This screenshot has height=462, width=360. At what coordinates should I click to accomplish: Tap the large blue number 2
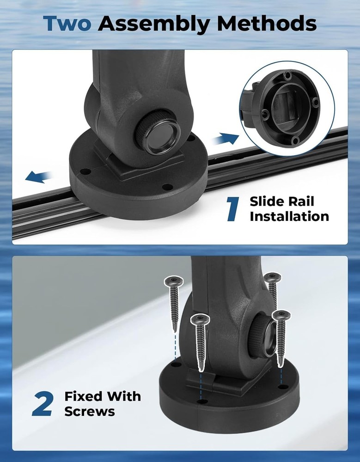coord(43,404)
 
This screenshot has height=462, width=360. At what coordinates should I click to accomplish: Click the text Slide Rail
coord(282,201)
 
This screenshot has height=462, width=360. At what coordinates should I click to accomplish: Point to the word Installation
coord(289,216)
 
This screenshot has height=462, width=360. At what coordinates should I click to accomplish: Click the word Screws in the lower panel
coord(90,411)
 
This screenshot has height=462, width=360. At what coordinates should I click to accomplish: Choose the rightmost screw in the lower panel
coord(281,336)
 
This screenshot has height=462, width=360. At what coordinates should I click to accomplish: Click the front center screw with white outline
coord(201,342)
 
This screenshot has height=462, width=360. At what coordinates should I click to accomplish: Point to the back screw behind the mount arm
coord(272,289)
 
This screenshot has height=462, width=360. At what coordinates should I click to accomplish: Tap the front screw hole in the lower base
coord(201,401)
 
